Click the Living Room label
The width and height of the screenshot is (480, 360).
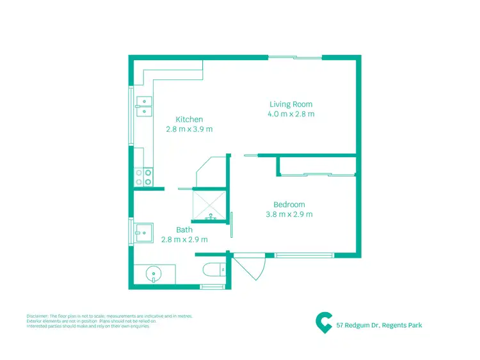(x=291, y=104)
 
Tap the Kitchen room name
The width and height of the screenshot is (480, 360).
(x=189, y=120)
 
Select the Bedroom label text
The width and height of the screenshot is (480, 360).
(x=289, y=205)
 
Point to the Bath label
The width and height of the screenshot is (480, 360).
(x=184, y=230)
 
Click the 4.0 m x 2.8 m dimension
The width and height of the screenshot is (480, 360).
(x=291, y=114)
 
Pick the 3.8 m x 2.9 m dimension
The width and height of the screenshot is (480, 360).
(x=289, y=215)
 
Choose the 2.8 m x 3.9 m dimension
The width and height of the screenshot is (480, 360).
(x=189, y=129)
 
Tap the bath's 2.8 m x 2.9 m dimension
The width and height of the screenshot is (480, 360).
(x=184, y=239)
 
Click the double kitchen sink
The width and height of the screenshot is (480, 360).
(x=144, y=106)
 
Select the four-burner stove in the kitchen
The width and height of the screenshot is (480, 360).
(x=144, y=176)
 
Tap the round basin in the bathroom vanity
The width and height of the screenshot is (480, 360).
(x=154, y=275)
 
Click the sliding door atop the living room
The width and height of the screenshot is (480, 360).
(x=294, y=58)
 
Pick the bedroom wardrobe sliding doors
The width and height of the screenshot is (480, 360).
(x=317, y=173)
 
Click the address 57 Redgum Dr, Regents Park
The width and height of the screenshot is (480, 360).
(x=379, y=325)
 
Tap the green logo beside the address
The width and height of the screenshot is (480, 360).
(x=324, y=322)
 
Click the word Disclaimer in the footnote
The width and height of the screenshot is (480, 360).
(x=37, y=316)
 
